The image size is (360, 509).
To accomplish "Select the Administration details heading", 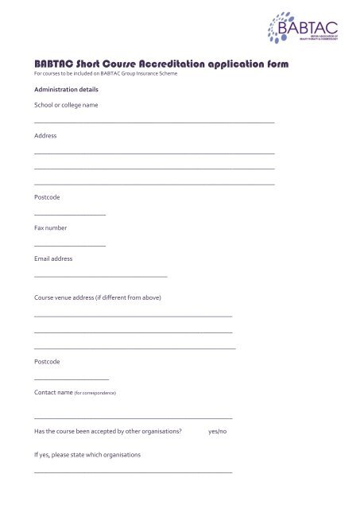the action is coord(66,90).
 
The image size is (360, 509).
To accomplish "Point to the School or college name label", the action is coord(66,105).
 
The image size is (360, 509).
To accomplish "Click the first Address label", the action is coord(45,136).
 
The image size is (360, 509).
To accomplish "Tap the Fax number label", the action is coord(51,228).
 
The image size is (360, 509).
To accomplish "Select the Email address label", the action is coord(53,258).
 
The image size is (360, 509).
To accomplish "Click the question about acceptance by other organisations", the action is coord(108,431).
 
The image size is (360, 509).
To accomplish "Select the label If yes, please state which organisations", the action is coord(87,455).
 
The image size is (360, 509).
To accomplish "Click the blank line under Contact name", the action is coord(134,418).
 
